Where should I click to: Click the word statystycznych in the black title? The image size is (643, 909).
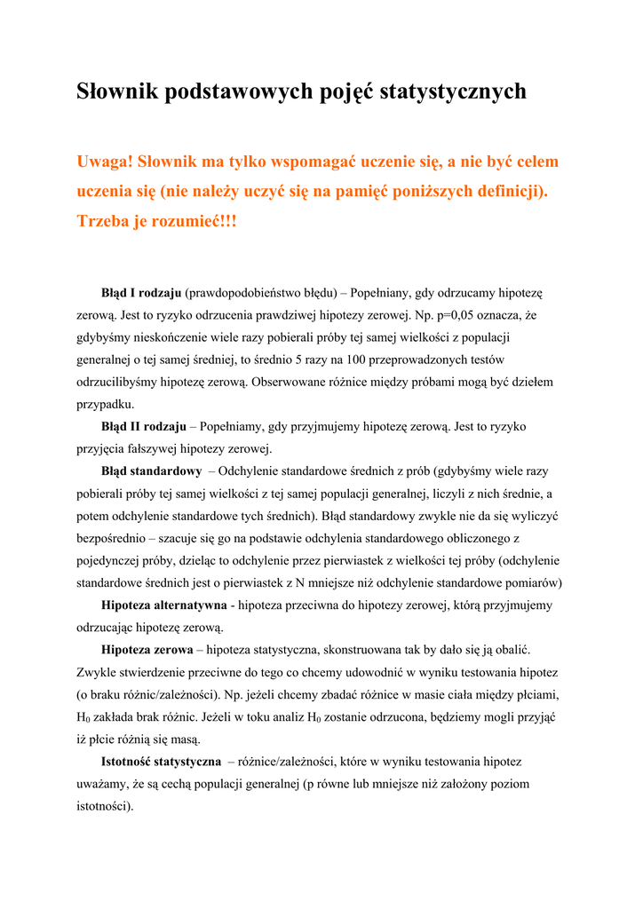[x=453, y=91]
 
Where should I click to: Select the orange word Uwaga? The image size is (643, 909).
[x=105, y=162]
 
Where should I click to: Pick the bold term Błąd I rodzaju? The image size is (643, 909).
[x=141, y=292]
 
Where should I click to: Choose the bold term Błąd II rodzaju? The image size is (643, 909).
[x=144, y=426]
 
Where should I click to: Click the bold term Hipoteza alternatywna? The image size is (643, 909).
[x=164, y=605]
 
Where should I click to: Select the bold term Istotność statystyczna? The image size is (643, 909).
[x=162, y=762]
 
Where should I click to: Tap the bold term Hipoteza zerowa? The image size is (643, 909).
[x=147, y=651]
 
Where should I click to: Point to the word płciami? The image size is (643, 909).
[x=535, y=695]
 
